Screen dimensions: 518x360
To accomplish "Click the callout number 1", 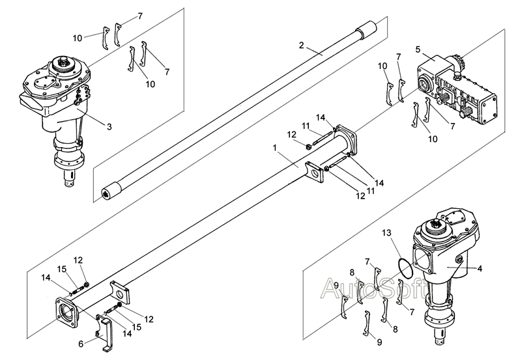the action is point(274,148).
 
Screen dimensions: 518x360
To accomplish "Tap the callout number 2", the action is point(301,45).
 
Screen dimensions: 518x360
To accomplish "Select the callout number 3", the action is point(109,127).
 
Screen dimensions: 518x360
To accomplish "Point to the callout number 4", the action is point(480,269).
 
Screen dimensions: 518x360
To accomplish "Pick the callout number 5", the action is point(418,50).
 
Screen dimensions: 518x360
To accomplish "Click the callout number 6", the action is point(81,344).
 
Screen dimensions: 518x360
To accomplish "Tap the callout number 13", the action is point(386,233).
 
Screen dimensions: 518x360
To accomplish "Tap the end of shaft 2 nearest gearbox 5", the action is point(366,30).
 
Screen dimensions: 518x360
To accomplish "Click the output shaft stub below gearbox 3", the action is point(70,178).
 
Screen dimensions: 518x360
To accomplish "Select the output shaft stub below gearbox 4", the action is point(441,339).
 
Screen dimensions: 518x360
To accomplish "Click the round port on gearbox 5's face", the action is point(424,85).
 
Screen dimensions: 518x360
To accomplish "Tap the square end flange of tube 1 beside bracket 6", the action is point(67,312).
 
